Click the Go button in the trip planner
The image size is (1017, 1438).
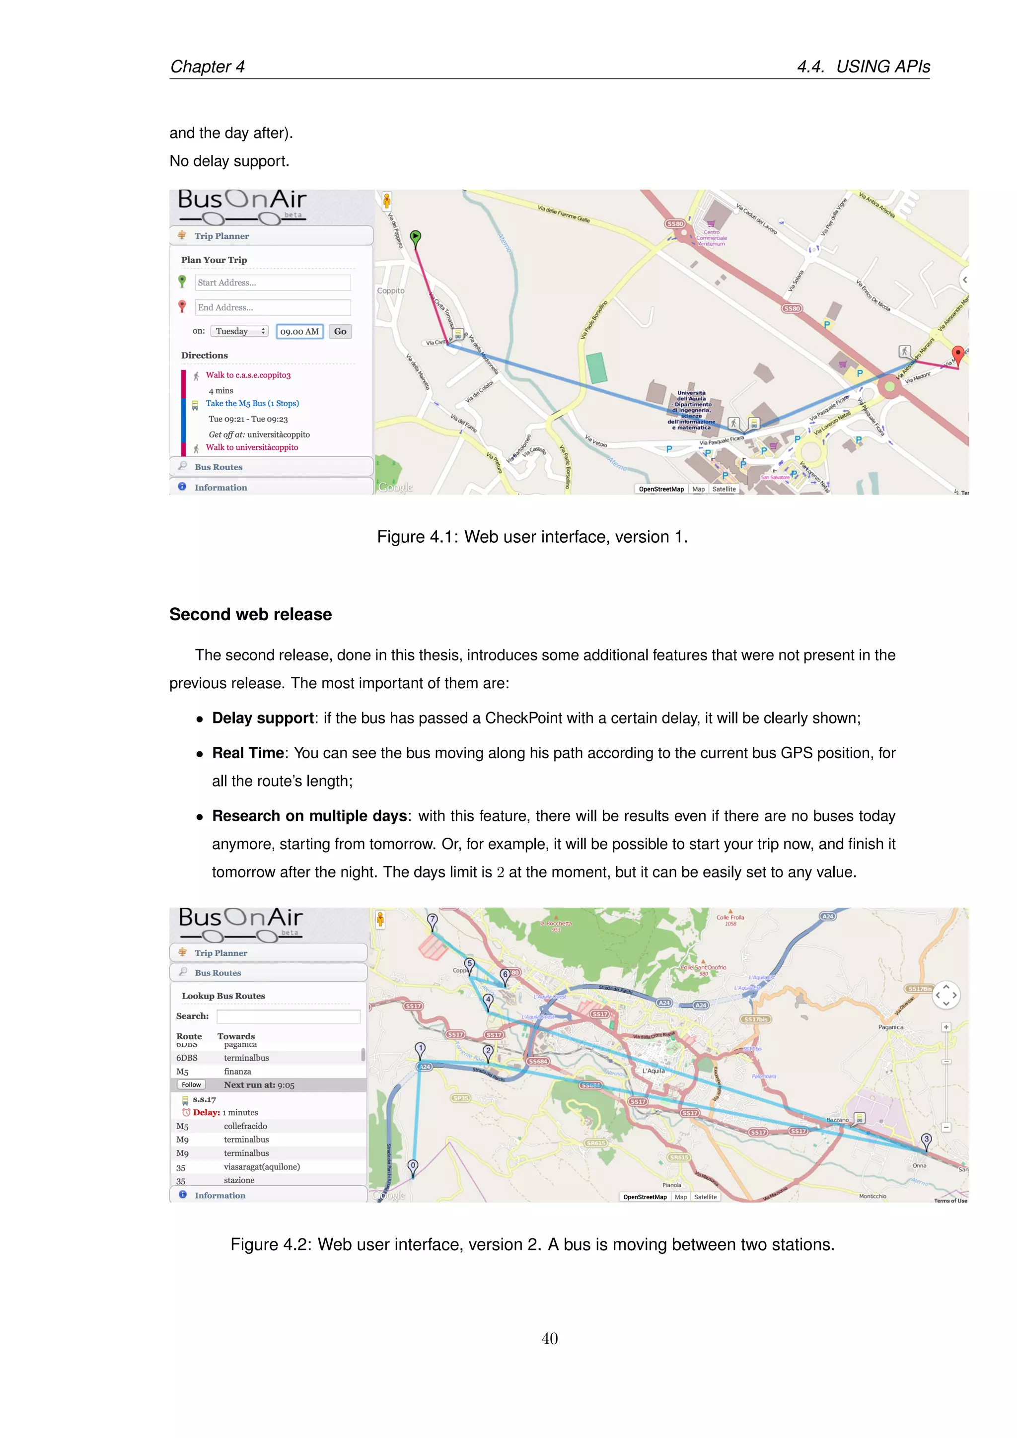tap(340, 331)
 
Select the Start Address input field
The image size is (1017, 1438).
tap(273, 283)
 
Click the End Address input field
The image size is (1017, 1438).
tap(273, 307)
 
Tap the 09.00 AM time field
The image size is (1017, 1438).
tap(299, 331)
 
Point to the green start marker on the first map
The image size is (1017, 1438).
tap(415, 237)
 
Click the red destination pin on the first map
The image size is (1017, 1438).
tap(957, 355)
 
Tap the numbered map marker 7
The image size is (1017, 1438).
tap(432, 920)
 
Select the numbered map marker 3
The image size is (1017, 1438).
tap(926, 1140)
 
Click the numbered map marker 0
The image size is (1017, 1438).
tap(413, 1166)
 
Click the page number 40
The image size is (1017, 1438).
tap(549, 1338)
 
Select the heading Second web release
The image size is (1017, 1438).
tap(250, 614)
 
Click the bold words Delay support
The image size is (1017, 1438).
tap(263, 718)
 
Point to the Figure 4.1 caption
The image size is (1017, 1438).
tap(532, 537)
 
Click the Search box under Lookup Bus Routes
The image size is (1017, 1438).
tap(288, 1016)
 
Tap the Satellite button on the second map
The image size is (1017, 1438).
tap(705, 1197)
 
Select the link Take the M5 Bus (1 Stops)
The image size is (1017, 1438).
tap(252, 403)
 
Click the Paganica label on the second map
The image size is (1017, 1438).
tap(890, 1027)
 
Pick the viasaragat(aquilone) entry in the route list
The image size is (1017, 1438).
tap(262, 1167)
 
